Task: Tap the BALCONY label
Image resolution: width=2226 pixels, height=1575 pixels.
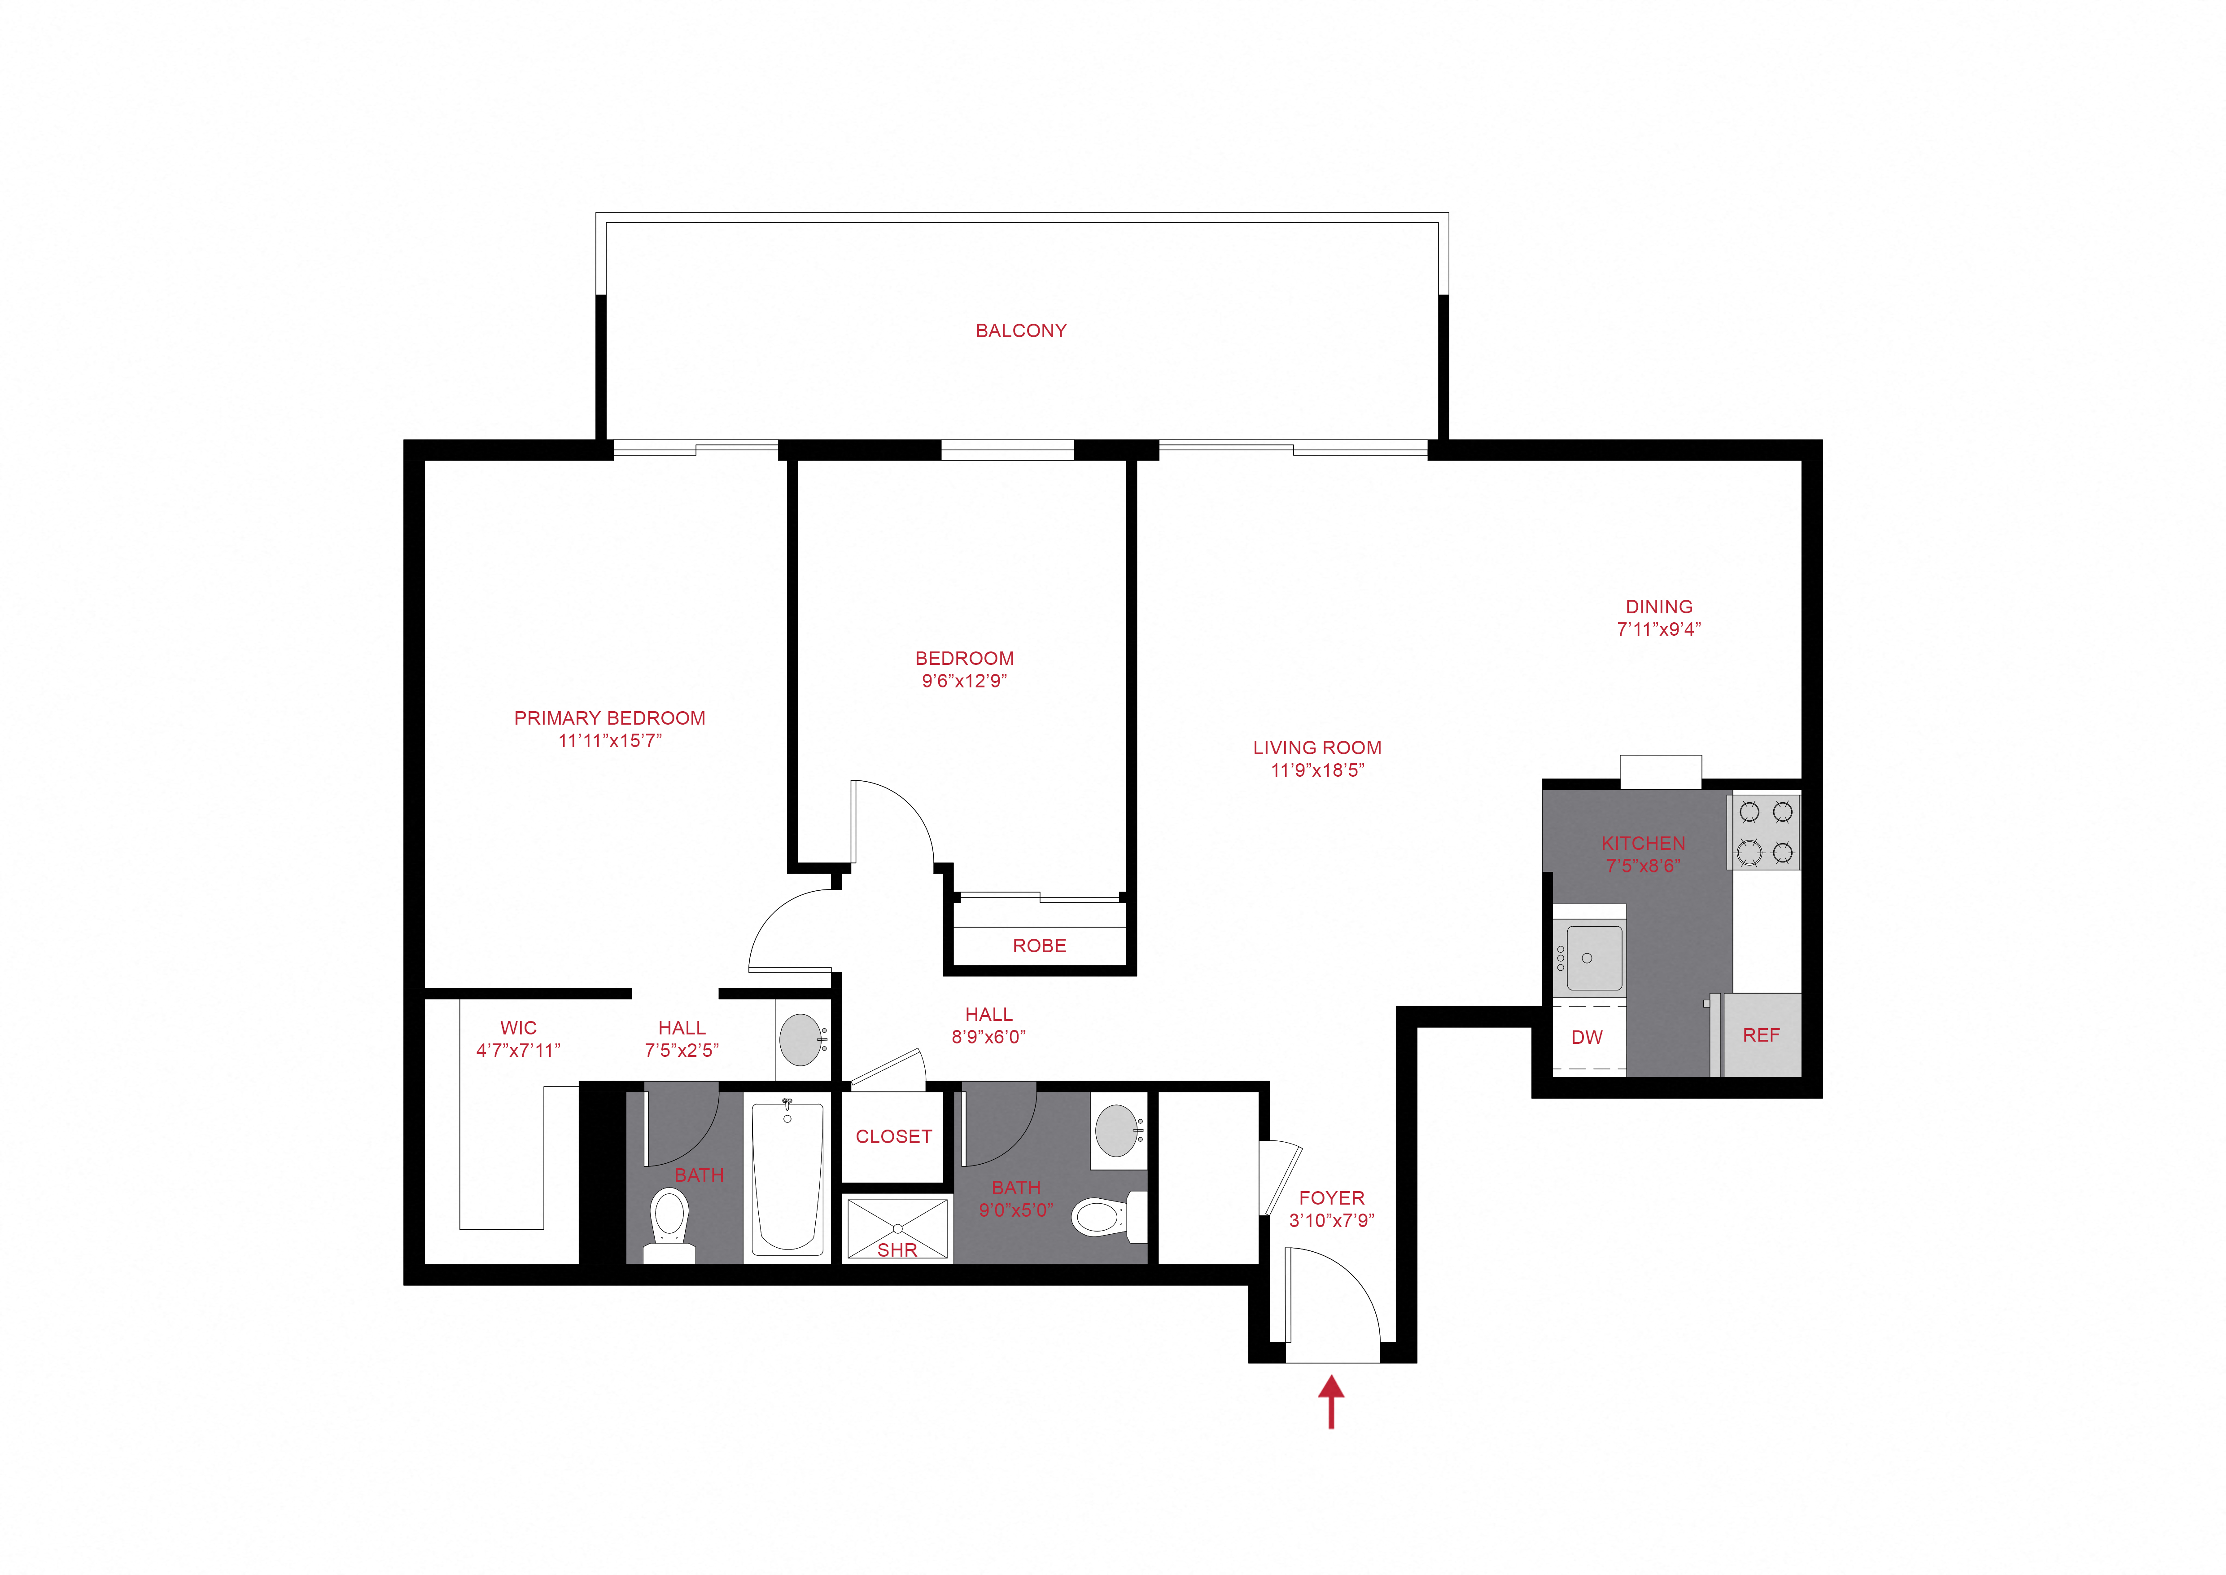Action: click(x=1021, y=331)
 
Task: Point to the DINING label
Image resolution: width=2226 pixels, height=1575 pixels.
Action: click(x=1659, y=606)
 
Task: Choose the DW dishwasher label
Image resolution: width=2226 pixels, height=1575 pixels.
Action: click(x=1587, y=1037)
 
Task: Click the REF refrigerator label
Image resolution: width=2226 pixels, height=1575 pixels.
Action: click(x=1761, y=1035)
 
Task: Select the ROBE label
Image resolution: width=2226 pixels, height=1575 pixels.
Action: click(x=1039, y=946)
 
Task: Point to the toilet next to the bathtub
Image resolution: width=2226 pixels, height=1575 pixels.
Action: click(x=669, y=1220)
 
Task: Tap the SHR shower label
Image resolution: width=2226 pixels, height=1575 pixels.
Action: click(x=897, y=1250)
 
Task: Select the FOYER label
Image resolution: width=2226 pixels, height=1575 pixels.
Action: click(x=1331, y=1198)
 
